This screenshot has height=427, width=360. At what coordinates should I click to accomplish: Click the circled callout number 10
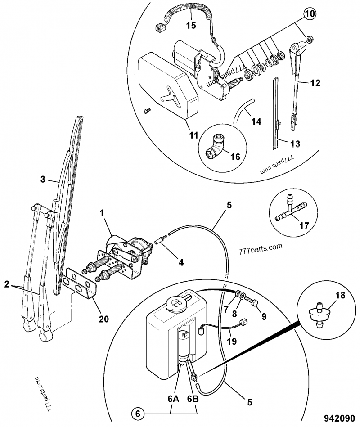coord(309,14)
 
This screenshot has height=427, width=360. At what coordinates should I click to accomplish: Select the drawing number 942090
coord(339,418)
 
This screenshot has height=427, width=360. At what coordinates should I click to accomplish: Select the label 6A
coord(173,399)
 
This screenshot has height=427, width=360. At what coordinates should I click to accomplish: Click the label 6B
coord(193,399)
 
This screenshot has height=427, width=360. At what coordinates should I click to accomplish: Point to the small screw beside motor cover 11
coord(147,111)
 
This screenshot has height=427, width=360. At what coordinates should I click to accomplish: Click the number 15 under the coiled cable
coord(191,25)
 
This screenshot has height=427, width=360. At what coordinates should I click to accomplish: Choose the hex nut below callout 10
coord(309,40)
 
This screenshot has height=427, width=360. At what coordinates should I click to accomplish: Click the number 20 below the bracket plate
coord(104,319)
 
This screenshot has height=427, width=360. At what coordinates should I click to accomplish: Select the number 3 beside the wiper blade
coord(43,180)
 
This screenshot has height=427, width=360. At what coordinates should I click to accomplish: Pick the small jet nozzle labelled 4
coord(160,240)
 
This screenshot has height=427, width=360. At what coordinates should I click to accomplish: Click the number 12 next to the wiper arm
coord(315,83)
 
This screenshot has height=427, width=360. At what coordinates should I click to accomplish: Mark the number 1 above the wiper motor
coord(102,213)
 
